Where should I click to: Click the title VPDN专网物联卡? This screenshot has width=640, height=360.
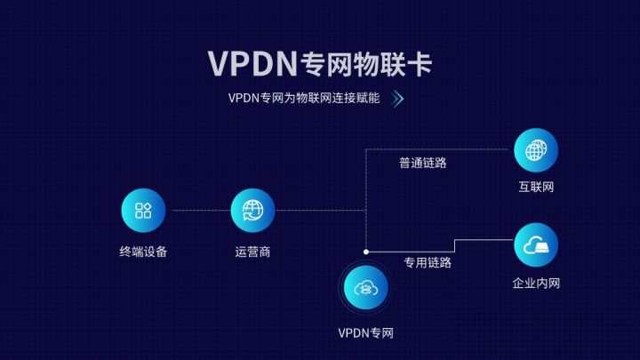[320, 64]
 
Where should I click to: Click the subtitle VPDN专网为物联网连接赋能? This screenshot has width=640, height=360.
[303, 99]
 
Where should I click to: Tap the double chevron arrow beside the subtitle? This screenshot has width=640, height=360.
[398, 99]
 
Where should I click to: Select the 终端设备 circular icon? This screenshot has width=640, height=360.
[143, 211]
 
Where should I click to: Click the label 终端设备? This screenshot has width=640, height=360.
[143, 252]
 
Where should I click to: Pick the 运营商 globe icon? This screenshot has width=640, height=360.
[252, 211]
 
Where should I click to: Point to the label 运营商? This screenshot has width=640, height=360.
[252, 252]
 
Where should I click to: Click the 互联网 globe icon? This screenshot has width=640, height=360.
[536, 150]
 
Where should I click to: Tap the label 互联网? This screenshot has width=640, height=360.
[536, 188]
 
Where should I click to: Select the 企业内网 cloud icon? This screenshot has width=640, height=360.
[536, 245]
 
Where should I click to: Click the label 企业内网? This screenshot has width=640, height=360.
[536, 284]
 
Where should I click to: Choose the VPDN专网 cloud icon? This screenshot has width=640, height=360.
[364, 290]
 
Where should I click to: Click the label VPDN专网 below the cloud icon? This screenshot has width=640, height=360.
[364, 333]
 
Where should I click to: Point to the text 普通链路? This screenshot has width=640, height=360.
[422, 163]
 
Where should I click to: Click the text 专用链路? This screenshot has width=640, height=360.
[428, 262]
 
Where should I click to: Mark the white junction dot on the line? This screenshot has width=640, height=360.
[365, 252]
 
